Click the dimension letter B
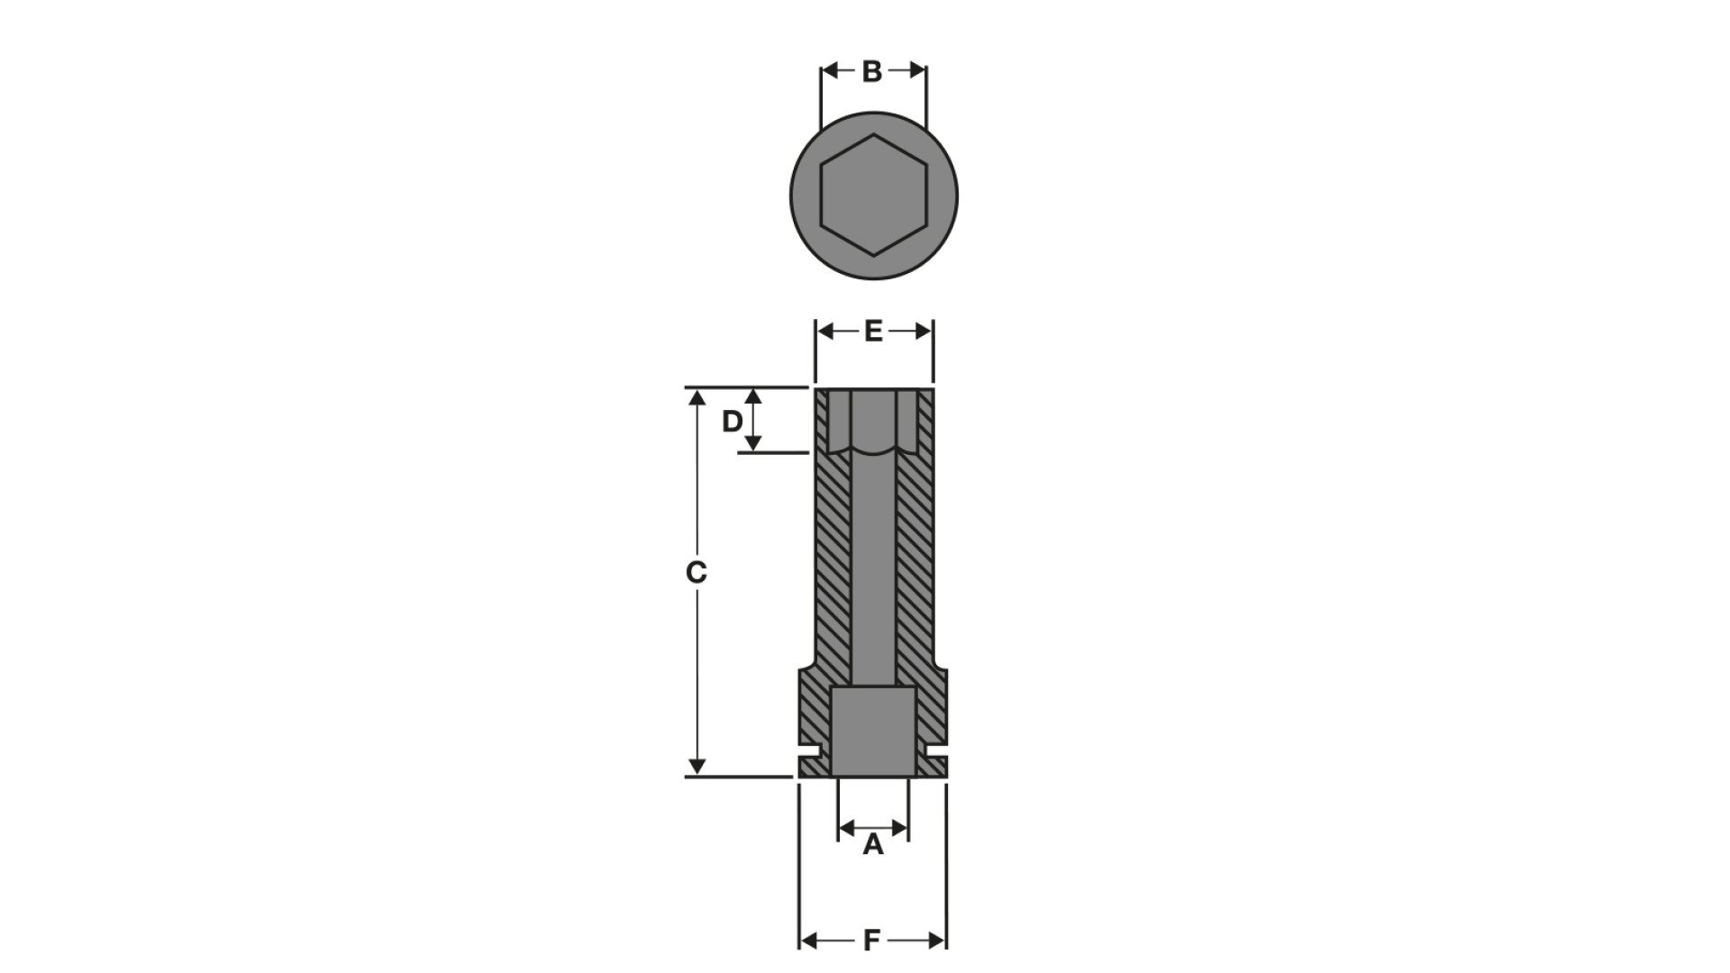[x=871, y=71]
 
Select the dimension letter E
[x=872, y=332]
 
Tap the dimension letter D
[x=733, y=421]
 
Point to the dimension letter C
[x=696, y=571]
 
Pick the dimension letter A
[x=872, y=845]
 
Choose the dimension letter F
[x=871, y=941]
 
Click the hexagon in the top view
[x=873, y=196]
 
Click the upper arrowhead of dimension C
[x=696, y=397]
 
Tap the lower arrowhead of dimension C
[x=696, y=767]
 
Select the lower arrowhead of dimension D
[x=755, y=442]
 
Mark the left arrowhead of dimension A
[x=846, y=826]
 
